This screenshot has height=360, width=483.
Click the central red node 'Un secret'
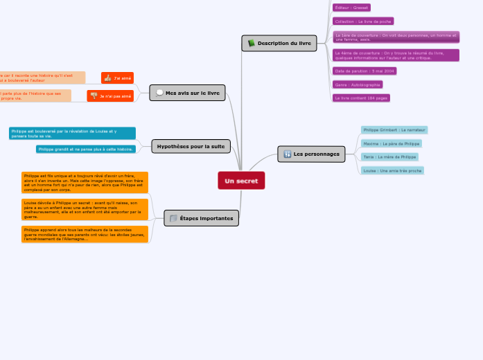pyautogui.click(x=241, y=181)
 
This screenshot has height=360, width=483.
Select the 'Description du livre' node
pyautogui.click(x=279, y=44)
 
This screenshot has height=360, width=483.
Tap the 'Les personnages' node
pyautogui.click(x=311, y=154)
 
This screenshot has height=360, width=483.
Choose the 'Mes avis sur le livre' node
pyautogui.click(x=187, y=93)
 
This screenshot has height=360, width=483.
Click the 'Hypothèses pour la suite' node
pyautogui.click(x=191, y=146)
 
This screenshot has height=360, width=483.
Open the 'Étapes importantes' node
pyautogui.click(x=201, y=219)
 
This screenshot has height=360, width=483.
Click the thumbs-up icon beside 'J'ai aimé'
pyautogui.click(x=107, y=78)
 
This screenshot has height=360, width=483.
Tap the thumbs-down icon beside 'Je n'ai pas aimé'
pyautogui.click(x=94, y=96)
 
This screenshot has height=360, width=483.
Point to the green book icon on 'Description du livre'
pyautogui.click(x=252, y=44)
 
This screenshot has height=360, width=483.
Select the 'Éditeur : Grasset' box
pyautogui.click(x=351, y=8)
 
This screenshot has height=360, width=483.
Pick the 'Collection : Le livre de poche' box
pyautogui.click(x=363, y=21)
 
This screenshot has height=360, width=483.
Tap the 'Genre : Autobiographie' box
pyautogui.click(x=358, y=84)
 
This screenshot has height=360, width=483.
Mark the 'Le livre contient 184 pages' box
pyautogui.click(x=361, y=98)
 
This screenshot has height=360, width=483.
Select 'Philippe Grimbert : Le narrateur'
pyautogui.click(x=394, y=129)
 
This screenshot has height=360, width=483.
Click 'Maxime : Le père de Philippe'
pyautogui.click(x=391, y=143)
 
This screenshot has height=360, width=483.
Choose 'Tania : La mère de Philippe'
pyautogui.click(x=389, y=156)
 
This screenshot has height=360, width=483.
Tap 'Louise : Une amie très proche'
pyautogui.click(x=392, y=170)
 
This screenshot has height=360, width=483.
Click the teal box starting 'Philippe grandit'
pyautogui.click(x=86, y=149)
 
